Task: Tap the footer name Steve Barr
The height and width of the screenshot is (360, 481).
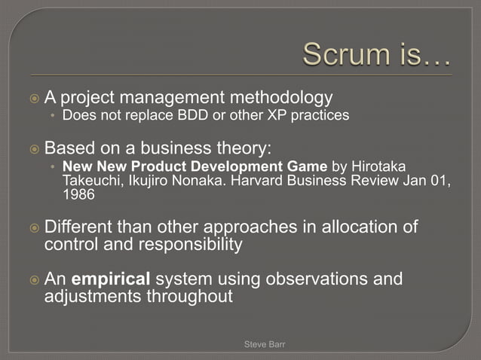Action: click(x=265, y=344)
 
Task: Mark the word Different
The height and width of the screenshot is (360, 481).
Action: click(x=79, y=227)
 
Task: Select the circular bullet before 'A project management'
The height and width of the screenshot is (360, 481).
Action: click(x=32, y=98)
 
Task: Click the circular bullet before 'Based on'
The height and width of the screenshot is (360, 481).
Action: click(x=32, y=148)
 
